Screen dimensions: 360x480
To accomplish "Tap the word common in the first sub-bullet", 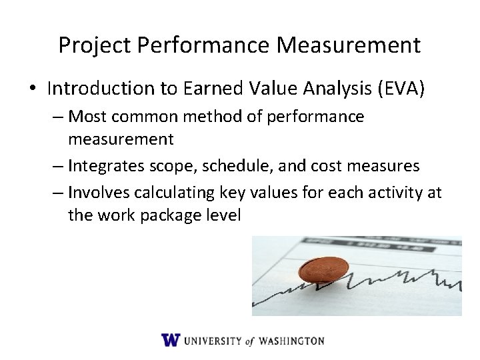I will [x=141, y=117].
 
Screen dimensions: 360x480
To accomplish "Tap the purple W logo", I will [x=171, y=340].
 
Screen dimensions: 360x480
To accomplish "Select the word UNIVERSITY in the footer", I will [x=213, y=341].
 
